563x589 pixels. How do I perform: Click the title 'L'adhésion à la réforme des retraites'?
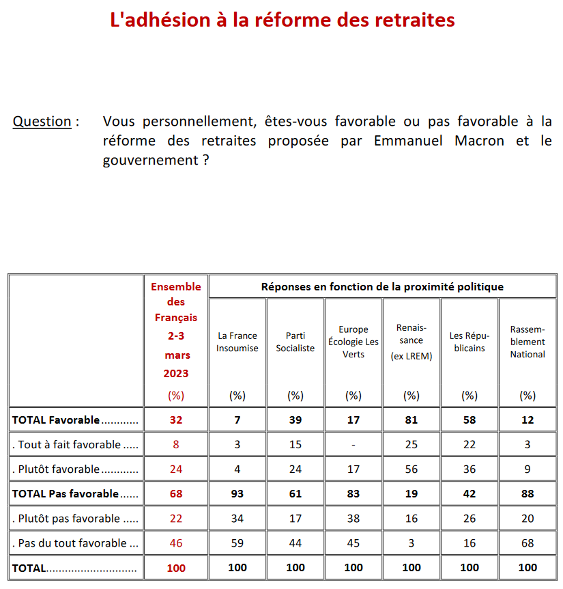tap(283, 20)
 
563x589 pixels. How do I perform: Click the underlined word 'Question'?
tap(42, 122)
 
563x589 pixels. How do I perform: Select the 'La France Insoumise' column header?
tap(237, 342)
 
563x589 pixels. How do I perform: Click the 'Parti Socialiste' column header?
tap(295, 342)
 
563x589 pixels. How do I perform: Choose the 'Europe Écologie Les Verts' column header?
tap(353, 342)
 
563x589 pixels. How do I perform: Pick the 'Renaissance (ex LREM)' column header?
tap(412, 342)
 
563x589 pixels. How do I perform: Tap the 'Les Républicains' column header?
tap(470, 342)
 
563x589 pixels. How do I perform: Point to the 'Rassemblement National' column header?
tap(528, 342)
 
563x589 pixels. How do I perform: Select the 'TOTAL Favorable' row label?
tap(56, 420)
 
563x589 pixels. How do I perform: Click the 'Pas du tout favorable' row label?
tap(70, 543)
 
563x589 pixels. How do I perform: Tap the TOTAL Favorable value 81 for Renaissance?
tap(412, 420)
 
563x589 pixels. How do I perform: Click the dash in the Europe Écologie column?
tap(353, 445)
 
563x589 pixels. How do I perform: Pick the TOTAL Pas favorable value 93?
tap(237, 494)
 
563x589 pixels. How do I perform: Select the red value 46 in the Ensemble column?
tap(176, 543)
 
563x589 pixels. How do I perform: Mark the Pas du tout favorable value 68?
tap(528, 543)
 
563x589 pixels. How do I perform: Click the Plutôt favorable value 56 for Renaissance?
tap(412, 469)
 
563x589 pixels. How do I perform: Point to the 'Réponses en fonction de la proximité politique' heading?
tap(382, 287)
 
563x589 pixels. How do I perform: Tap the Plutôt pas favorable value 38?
tap(353, 519)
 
